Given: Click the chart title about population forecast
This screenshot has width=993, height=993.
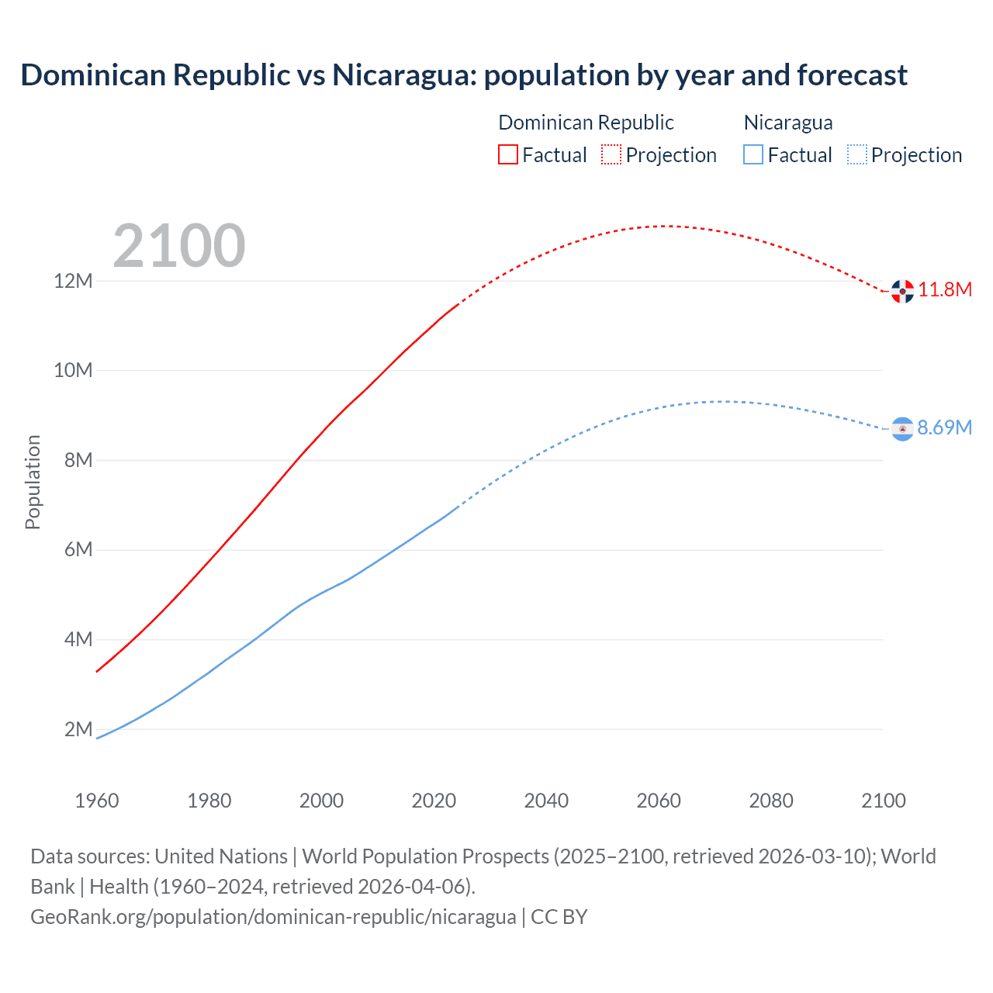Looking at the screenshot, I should click(x=464, y=75).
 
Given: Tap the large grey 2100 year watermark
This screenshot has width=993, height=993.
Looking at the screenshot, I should click(x=179, y=246).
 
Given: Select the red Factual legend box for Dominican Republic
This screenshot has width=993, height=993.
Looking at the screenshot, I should click(x=507, y=154).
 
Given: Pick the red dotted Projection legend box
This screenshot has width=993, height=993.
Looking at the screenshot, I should click(x=611, y=154).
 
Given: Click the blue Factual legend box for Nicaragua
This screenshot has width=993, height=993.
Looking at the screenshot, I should click(x=753, y=154).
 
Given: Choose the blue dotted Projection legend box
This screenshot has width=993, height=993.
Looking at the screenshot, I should click(x=856, y=154).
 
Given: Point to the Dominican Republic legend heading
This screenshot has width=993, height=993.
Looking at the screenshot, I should click(x=586, y=123).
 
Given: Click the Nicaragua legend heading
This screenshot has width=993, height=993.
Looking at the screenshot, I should click(x=788, y=123).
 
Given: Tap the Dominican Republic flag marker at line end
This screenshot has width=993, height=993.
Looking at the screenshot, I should click(x=902, y=291).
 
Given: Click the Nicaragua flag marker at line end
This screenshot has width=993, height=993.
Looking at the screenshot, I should click(x=902, y=428).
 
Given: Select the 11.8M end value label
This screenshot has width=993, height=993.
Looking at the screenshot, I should click(x=945, y=290).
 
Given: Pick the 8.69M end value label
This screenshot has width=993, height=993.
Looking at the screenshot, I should click(x=945, y=427).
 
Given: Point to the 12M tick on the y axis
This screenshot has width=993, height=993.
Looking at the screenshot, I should click(x=73, y=281).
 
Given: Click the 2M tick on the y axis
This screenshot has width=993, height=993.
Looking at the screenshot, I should click(x=78, y=729).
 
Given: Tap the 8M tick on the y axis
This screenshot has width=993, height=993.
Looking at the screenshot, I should click(x=78, y=460).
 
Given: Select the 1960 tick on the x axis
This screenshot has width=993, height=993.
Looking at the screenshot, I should click(x=97, y=801).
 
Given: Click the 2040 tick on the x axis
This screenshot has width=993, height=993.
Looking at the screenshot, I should click(x=546, y=801).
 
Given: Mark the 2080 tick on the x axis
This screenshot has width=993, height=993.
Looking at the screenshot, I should click(x=771, y=801).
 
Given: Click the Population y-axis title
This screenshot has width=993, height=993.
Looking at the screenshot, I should click(x=33, y=482).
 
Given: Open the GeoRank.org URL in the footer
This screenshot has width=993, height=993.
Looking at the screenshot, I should click(x=273, y=917).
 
